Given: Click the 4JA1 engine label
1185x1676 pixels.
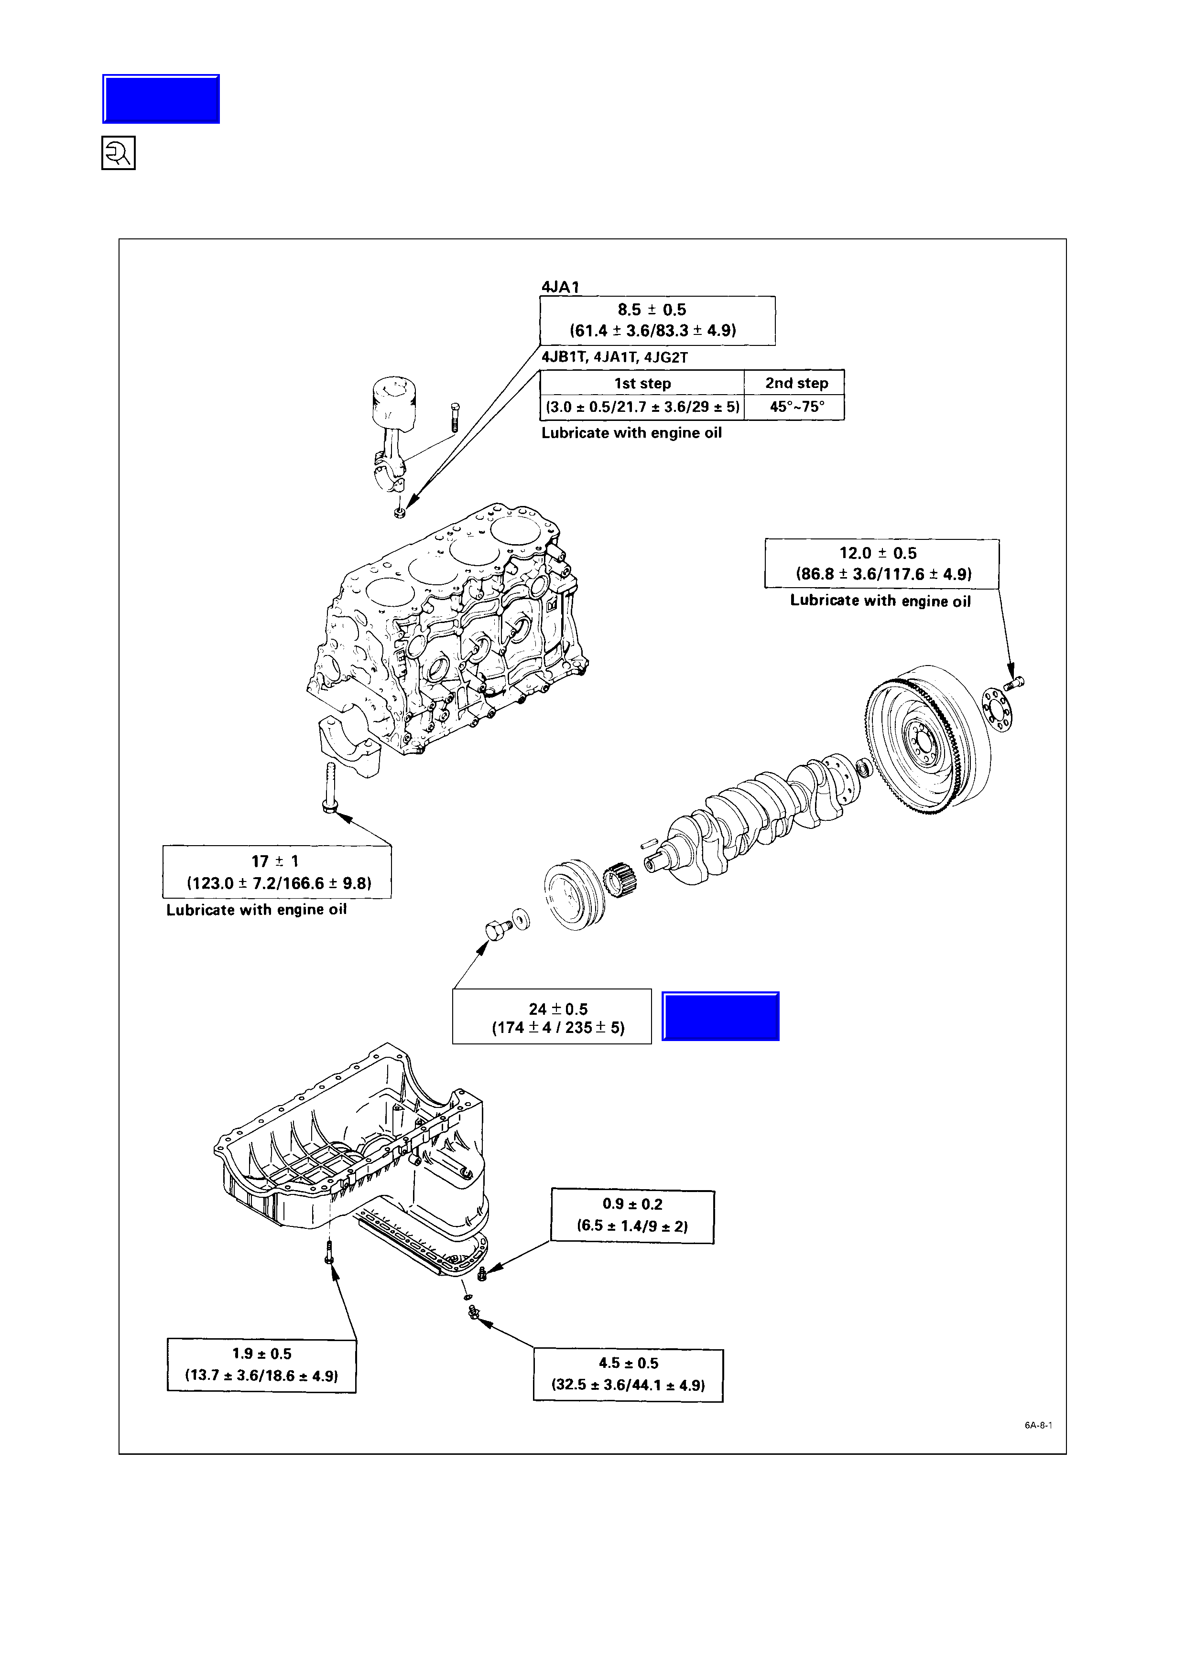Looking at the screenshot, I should point(560,287).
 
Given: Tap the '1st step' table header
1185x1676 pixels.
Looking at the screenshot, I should point(642,383).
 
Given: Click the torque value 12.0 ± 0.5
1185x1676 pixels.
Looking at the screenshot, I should point(878,553).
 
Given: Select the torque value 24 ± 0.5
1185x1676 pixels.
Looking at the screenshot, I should point(558,1009).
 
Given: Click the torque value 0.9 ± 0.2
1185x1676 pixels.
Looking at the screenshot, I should point(632,1204).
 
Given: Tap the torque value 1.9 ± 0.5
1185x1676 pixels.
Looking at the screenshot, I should point(261,1354).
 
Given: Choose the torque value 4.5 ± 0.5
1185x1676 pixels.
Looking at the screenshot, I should point(628,1364).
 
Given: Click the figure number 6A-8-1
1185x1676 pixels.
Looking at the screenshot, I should point(1037,1425).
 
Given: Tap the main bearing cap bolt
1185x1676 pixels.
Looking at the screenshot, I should point(329,788).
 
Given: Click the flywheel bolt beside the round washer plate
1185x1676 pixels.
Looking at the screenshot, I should point(1015,683).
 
